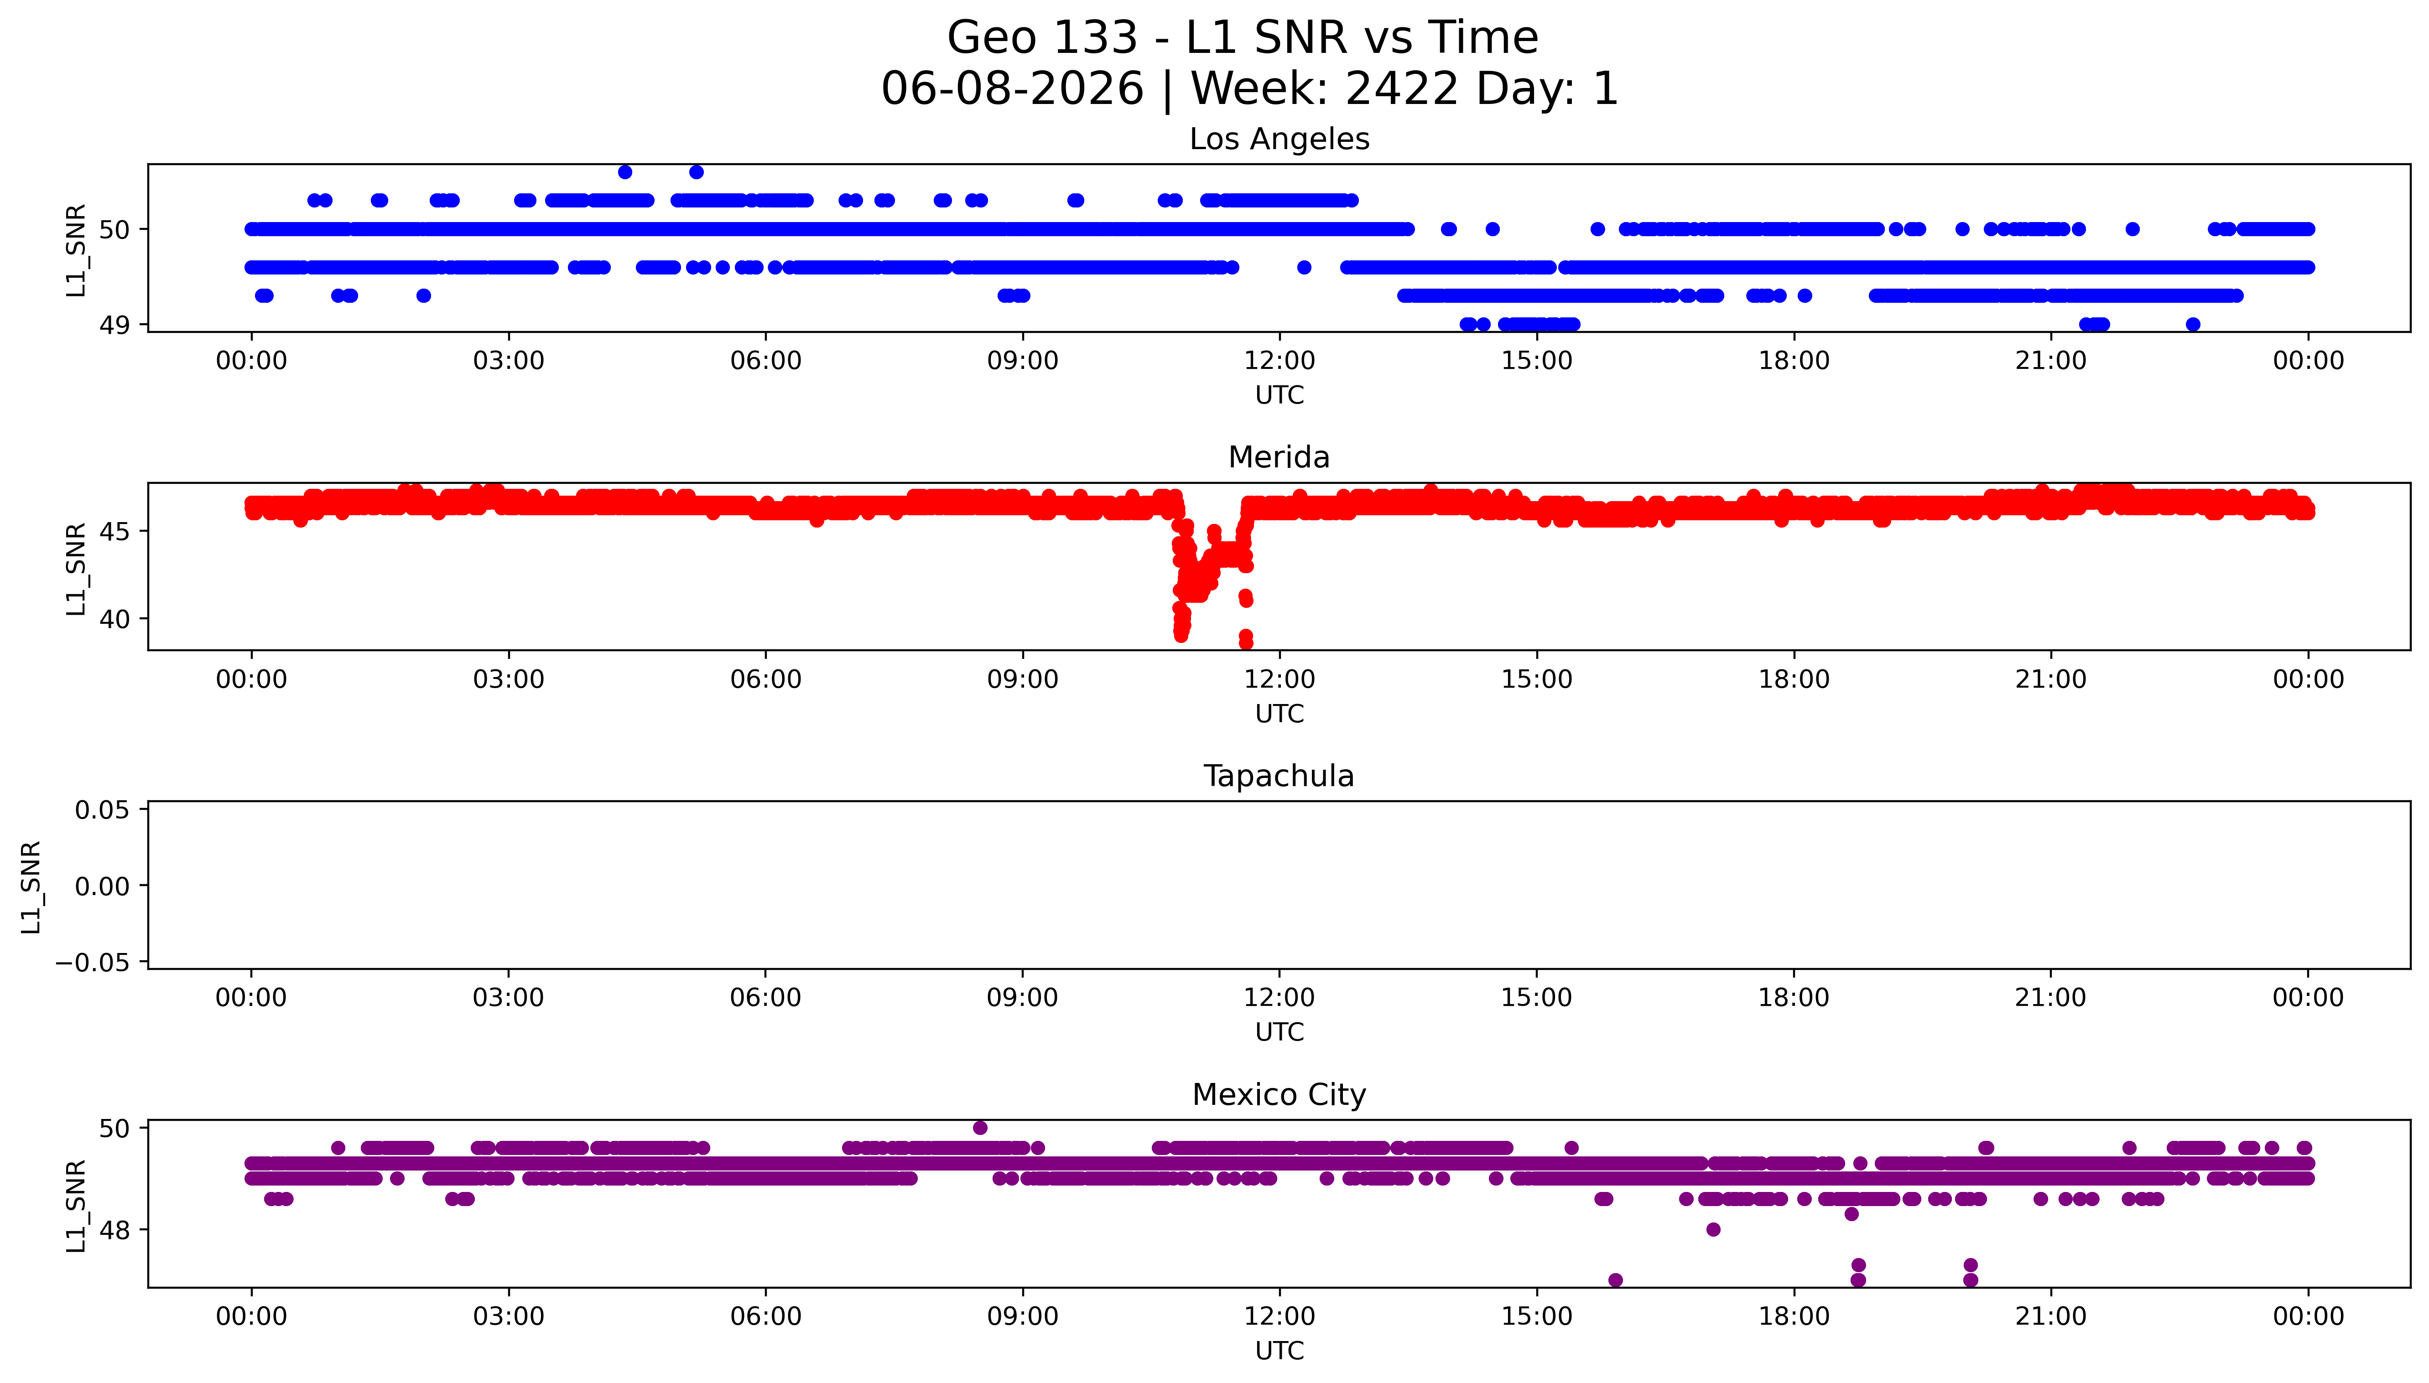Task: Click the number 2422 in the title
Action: [x=1402, y=89]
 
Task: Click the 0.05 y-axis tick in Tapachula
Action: [x=103, y=810]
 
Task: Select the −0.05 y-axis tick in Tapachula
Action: [x=92, y=962]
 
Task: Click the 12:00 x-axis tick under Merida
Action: [x=1280, y=679]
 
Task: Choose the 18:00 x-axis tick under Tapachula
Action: [x=1794, y=997]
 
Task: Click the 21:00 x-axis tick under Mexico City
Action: [x=2051, y=1316]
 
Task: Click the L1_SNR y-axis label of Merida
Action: [x=76, y=568]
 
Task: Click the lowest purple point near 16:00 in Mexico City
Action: [x=1615, y=1280]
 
